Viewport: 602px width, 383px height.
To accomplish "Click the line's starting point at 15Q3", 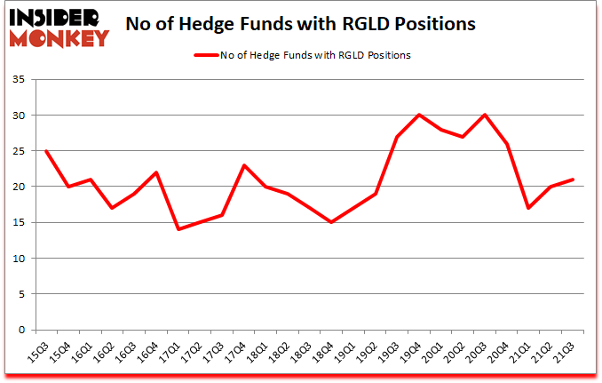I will point(45,151).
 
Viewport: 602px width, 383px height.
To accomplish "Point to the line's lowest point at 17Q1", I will point(178,229).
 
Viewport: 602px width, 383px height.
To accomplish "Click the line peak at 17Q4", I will point(243,165).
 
